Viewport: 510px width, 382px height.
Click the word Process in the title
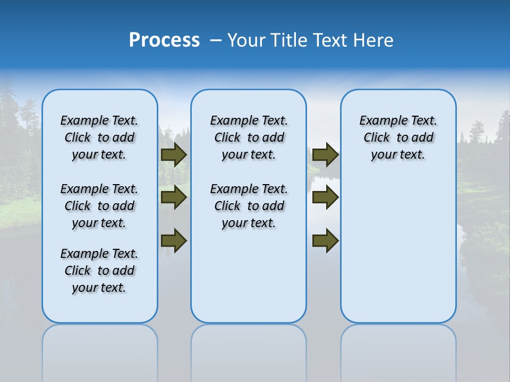point(164,40)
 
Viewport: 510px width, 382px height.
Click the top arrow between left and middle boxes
point(174,154)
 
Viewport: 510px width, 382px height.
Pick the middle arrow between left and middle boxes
point(174,198)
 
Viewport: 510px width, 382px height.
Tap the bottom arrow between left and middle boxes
point(174,240)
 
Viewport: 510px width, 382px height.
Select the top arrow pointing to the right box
point(325,154)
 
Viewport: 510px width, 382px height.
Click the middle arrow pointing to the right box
point(325,198)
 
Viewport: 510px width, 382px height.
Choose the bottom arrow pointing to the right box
point(325,240)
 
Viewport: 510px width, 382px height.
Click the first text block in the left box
point(99,137)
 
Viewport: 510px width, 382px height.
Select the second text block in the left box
point(99,206)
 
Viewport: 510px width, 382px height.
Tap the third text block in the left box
point(99,271)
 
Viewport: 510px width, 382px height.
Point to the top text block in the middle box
point(249,137)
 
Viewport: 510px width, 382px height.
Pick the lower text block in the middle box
point(249,206)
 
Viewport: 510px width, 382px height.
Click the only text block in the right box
point(398,137)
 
